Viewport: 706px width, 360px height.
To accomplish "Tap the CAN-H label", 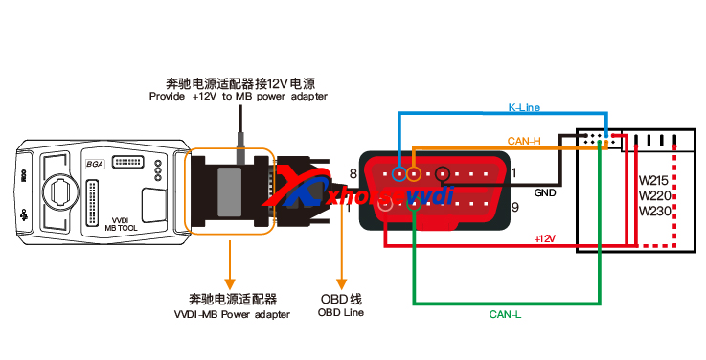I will click(x=524, y=141).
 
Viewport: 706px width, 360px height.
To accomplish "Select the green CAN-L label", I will click(x=505, y=312).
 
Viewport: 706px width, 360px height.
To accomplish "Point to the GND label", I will click(x=545, y=192).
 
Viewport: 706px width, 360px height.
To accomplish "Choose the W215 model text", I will click(x=654, y=180).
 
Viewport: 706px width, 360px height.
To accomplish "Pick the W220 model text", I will click(x=654, y=195).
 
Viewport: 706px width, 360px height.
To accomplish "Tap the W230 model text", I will click(x=654, y=211).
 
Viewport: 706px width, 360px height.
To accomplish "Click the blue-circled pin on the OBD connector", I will click(x=399, y=173).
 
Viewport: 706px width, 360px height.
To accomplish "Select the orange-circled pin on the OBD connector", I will click(x=414, y=173).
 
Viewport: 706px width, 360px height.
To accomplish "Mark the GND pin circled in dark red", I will click(x=443, y=174).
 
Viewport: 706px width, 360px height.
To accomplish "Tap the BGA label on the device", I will click(x=95, y=163).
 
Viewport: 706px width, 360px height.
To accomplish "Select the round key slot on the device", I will click(x=60, y=188).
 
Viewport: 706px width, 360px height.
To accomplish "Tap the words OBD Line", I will click(x=342, y=311).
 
